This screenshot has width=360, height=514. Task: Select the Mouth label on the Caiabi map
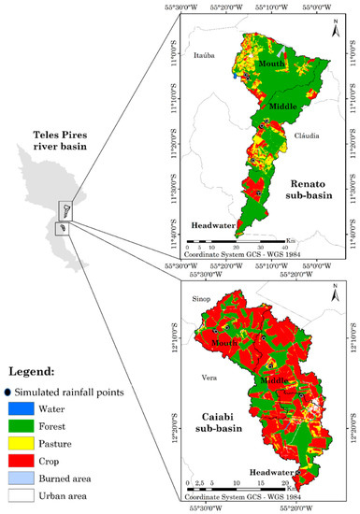point(225,342)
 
